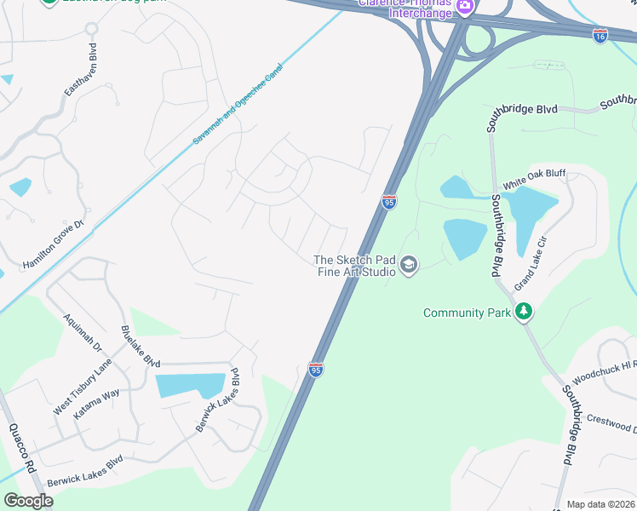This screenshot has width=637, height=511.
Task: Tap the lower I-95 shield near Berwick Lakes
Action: point(315,370)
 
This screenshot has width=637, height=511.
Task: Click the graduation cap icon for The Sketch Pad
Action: point(409,266)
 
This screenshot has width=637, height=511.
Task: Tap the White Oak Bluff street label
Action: point(534,180)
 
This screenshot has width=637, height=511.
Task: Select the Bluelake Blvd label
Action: point(141,347)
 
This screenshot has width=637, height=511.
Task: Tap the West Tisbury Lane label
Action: point(83,387)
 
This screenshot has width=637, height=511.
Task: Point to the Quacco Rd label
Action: point(22,448)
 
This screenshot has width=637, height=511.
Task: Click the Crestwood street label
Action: point(612,422)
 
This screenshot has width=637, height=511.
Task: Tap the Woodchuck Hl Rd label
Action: point(604,370)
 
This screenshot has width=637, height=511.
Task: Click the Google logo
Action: point(28,501)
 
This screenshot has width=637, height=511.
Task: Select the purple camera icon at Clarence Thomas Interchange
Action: point(465,7)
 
